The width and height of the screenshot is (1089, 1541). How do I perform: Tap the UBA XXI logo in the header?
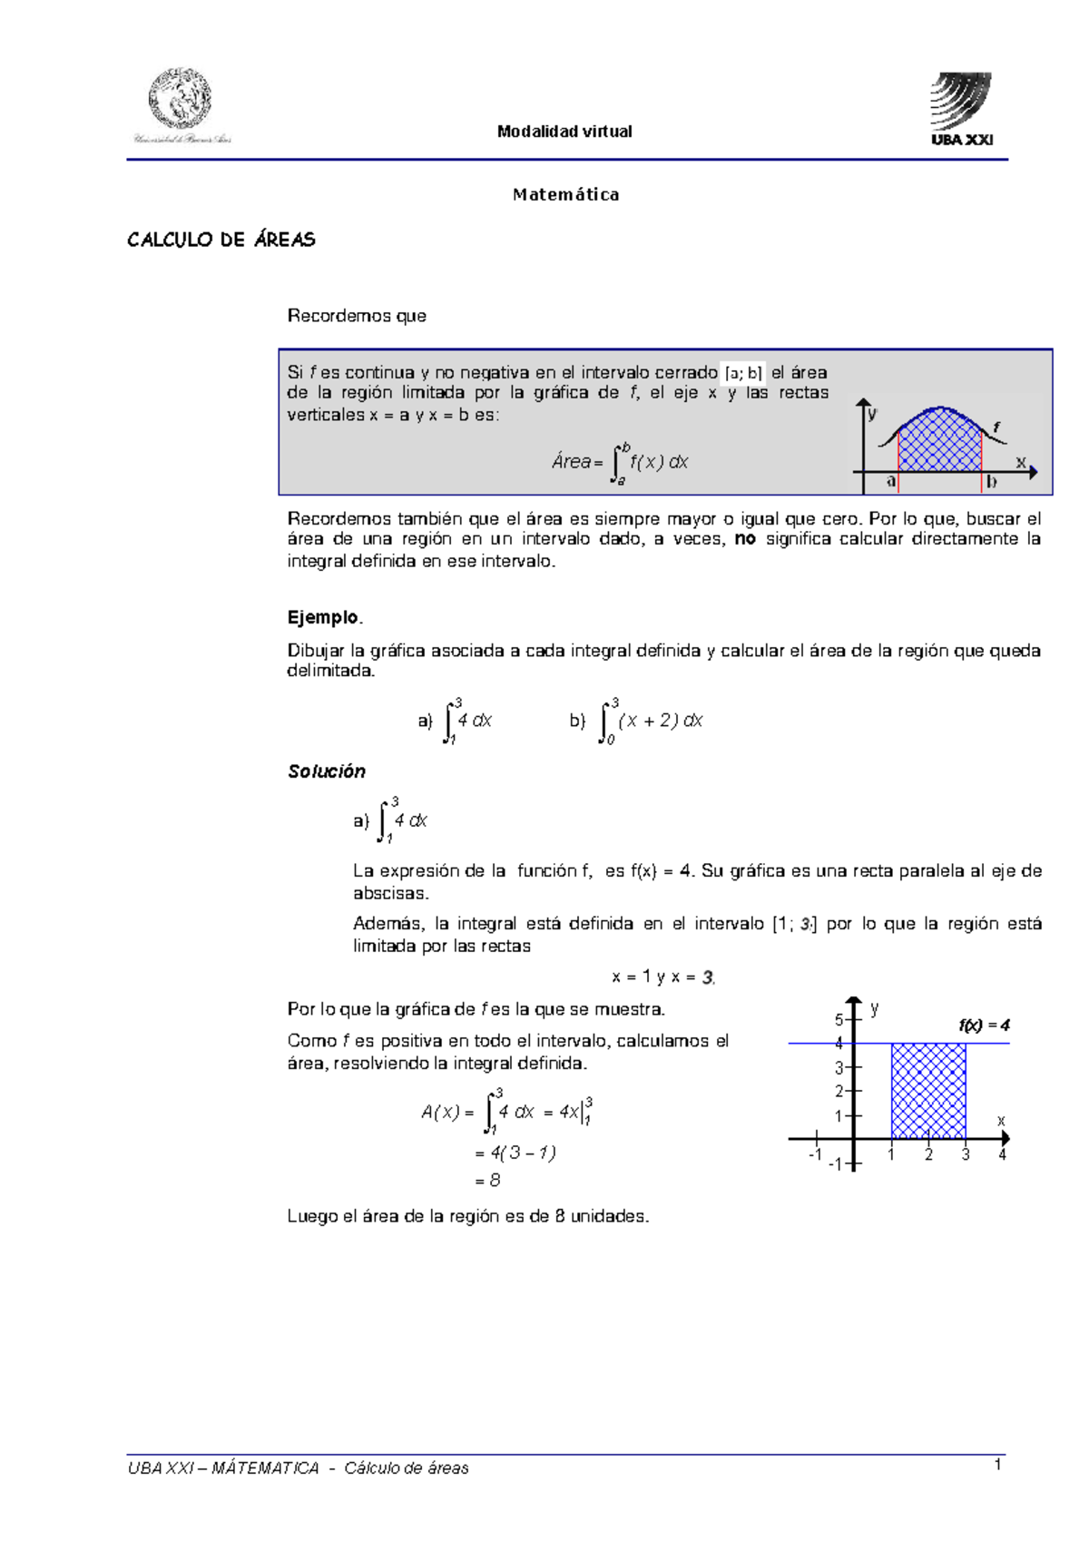[x=960, y=108]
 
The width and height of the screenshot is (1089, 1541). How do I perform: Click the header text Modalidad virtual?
[x=564, y=132]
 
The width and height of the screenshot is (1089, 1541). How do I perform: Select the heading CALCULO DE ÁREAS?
[x=221, y=240]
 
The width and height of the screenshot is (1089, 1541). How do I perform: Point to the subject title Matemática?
[x=565, y=194]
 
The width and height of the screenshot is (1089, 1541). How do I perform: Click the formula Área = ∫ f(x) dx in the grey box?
[x=620, y=463]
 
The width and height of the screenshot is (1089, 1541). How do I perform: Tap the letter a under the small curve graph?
[x=892, y=482]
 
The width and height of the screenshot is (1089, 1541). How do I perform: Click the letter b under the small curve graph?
[x=991, y=482]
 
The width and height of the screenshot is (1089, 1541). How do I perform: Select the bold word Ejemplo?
[x=324, y=617]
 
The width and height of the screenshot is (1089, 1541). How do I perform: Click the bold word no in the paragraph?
[x=745, y=539]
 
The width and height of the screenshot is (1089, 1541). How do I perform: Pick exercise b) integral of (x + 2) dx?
[x=637, y=721]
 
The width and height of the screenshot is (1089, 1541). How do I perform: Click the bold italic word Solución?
[x=327, y=771]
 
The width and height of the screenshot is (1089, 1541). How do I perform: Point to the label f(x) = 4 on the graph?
[x=984, y=1026]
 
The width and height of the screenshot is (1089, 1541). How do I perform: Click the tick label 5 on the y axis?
[x=839, y=1020]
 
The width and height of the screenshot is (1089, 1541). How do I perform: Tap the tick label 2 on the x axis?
[x=928, y=1155]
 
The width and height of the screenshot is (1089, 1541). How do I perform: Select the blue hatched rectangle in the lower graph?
[x=928, y=1091]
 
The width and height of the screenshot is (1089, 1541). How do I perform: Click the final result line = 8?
[x=488, y=1181]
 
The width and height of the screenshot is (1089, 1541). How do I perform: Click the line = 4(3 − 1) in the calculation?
[x=515, y=1153]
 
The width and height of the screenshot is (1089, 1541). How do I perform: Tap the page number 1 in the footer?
[x=997, y=1465]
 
